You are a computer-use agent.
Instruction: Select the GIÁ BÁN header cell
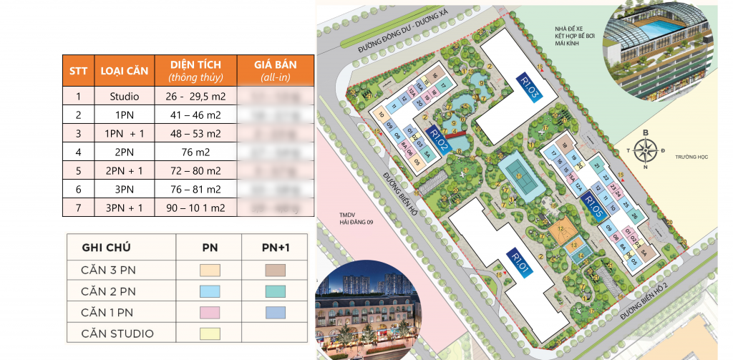(x=275, y=70)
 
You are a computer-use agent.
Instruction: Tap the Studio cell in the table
(x=130, y=96)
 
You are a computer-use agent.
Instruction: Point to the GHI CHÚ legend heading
(x=112, y=248)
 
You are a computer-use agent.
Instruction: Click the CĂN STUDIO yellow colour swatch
(x=208, y=333)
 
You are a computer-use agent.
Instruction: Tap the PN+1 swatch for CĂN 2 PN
(x=275, y=291)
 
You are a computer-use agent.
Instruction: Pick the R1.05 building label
(x=596, y=208)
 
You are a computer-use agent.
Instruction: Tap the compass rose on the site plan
(x=646, y=150)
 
